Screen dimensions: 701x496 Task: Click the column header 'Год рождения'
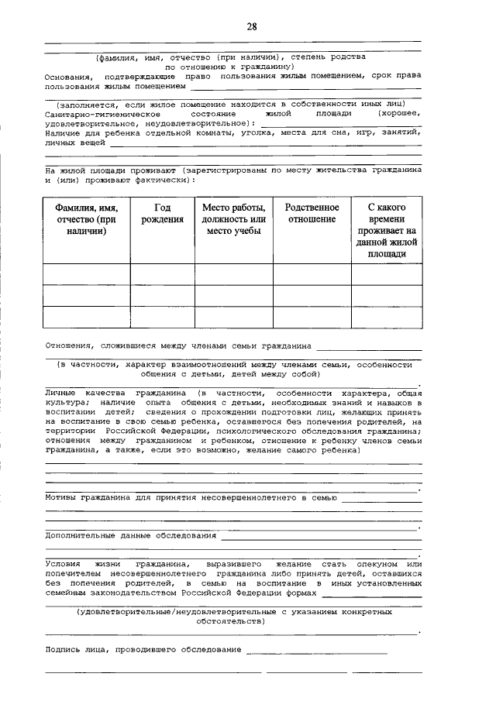point(162,214)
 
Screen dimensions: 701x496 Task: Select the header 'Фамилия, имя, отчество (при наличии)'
point(86,219)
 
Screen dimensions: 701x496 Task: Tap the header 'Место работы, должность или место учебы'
point(233,219)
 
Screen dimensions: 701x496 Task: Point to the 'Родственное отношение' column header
point(312,214)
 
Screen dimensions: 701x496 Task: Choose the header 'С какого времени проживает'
point(386,230)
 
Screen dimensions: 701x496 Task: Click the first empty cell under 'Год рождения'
point(162,274)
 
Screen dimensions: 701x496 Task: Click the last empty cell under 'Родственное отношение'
point(312,318)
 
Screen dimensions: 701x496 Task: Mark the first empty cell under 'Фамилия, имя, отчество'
point(86,274)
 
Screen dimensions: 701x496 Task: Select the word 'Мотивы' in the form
point(61,498)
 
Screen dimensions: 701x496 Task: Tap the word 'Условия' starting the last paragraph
point(64,565)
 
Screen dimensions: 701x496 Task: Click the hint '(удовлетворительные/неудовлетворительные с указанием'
point(232,611)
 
